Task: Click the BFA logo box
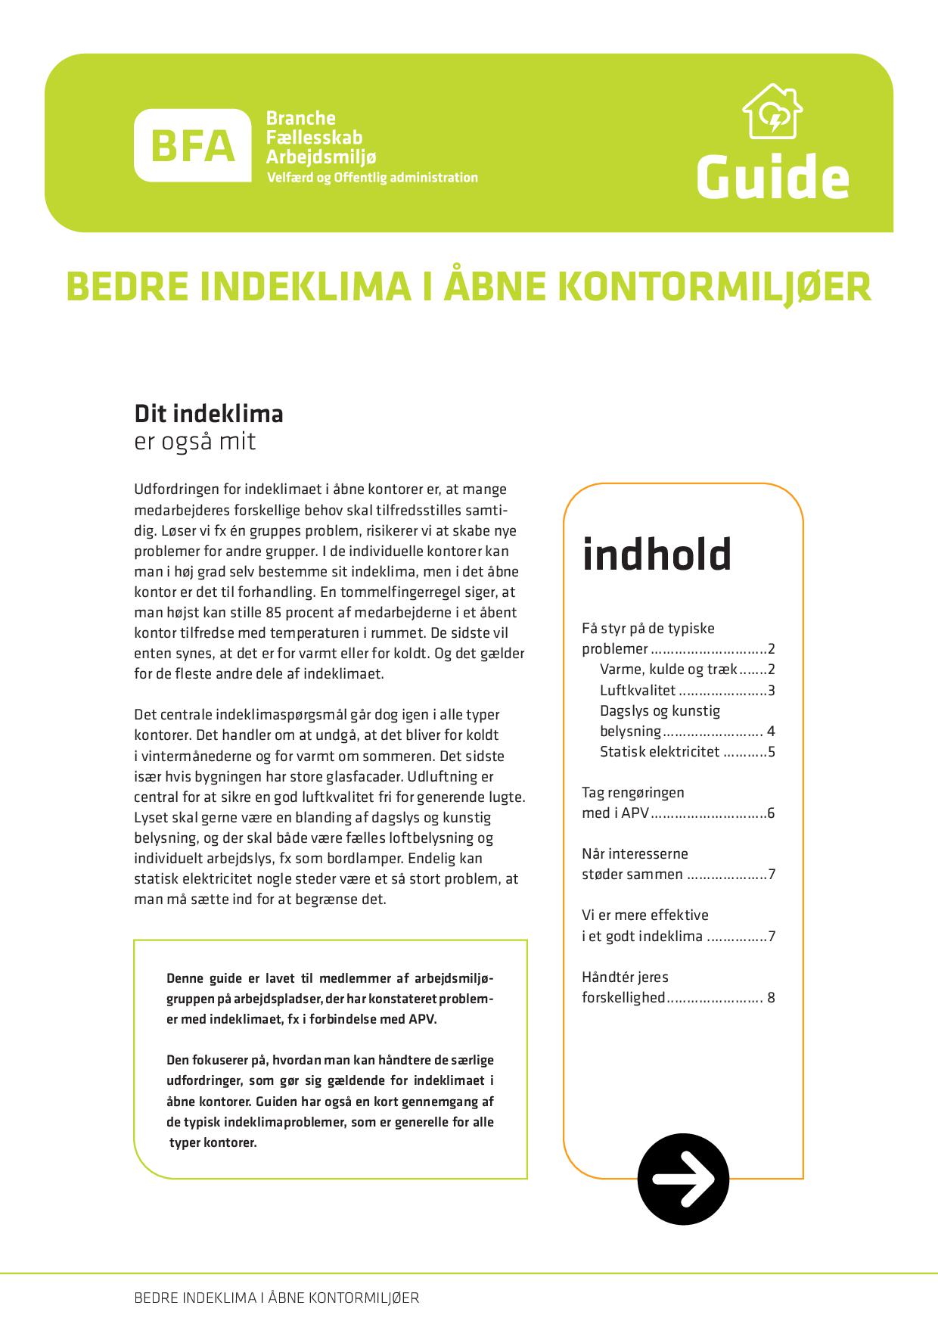click(192, 145)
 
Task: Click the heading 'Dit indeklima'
click(209, 414)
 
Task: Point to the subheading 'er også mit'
click(195, 441)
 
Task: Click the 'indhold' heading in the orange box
click(657, 555)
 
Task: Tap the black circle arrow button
click(683, 1178)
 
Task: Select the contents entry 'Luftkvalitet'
click(637, 690)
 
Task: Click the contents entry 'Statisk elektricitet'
click(659, 751)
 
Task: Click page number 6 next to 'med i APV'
click(771, 813)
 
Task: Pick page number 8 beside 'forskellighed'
click(771, 997)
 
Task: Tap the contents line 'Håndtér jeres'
click(625, 977)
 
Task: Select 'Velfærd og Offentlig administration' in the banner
click(372, 178)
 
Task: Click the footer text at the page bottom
click(276, 1297)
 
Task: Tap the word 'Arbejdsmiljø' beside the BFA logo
click(321, 157)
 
